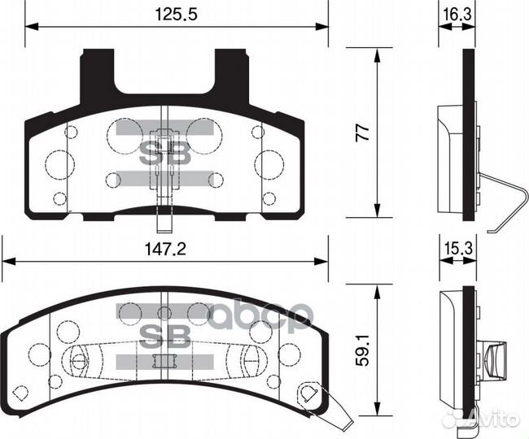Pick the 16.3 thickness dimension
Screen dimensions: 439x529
click(457, 14)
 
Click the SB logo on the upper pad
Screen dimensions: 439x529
click(165, 154)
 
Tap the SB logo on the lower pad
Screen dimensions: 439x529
click(165, 334)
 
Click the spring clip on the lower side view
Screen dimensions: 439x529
click(493, 358)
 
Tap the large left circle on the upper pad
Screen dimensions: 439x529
click(59, 163)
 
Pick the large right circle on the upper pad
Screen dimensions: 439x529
click(269, 163)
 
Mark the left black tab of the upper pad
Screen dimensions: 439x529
click(97, 77)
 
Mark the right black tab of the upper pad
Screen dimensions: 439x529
click(232, 77)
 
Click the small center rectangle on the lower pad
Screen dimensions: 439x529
click(165, 363)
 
